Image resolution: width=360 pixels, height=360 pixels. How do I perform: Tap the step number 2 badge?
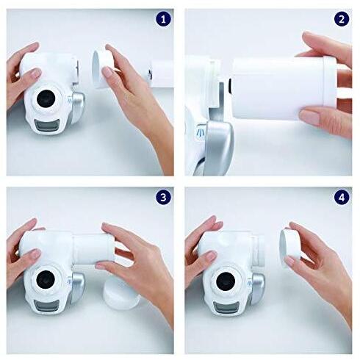342,20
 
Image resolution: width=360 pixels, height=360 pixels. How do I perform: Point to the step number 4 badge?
342,198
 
